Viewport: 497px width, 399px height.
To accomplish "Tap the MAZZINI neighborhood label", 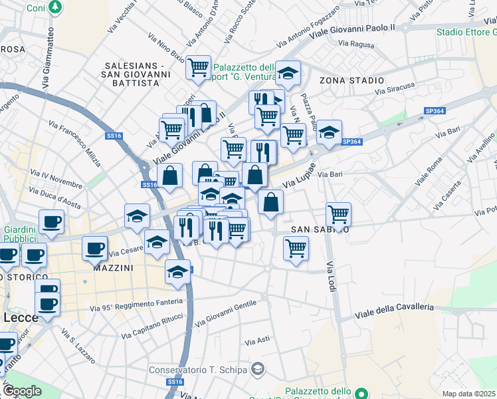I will click(x=113, y=267).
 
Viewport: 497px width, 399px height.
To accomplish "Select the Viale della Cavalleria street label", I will click(x=395, y=309).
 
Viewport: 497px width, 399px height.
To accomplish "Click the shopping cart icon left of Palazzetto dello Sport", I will click(x=198, y=67).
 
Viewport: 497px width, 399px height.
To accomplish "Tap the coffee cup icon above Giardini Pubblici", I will click(x=51, y=222).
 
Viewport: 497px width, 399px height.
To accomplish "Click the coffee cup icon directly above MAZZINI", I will click(x=94, y=248).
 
